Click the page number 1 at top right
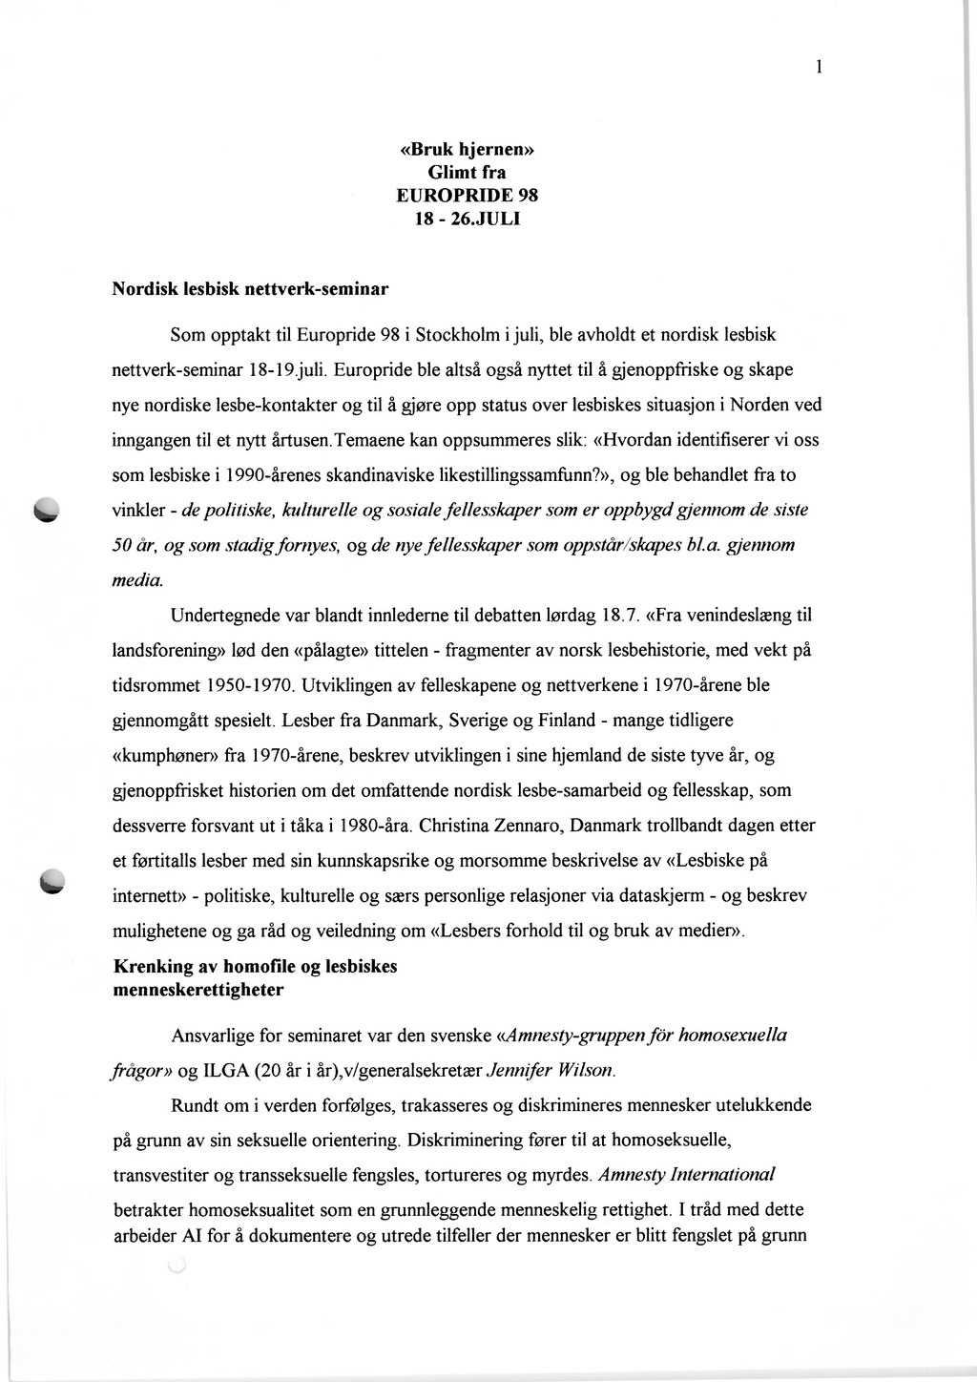[819, 66]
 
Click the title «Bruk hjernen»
[467, 150]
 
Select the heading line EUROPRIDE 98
[467, 195]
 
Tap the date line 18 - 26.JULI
[467, 218]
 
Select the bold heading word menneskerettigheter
[198, 990]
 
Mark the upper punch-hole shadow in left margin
[45, 511]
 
